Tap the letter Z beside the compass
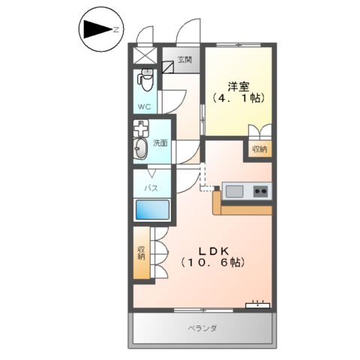[x=117, y=31]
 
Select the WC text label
[x=144, y=106]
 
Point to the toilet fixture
[x=145, y=78]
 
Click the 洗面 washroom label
[x=160, y=142]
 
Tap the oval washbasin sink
[x=141, y=151]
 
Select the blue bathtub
[x=151, y=209]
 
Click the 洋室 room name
[x=238, y=84]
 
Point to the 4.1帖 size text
[x=238, y=98]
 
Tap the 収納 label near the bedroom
[x=259, y=149]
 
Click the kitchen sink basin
[x=235, y=191]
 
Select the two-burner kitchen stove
[x=259, y=191]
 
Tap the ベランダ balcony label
[x=202, y=328]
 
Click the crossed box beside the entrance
[x=145, y=55]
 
